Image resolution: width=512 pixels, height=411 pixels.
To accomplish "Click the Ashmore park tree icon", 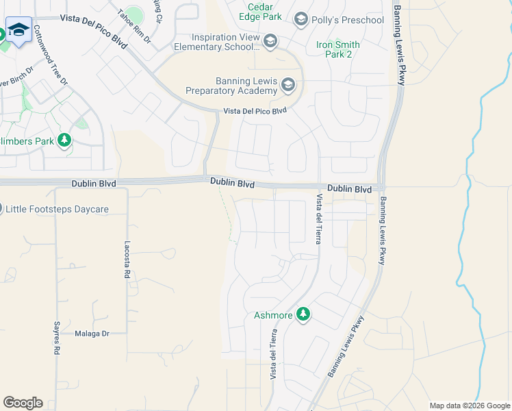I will click(x=303, y=315).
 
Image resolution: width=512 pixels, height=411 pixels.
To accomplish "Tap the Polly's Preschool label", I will click(x=348, y=20).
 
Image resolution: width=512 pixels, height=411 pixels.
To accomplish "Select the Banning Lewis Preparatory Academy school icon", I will click(x=287, y=86).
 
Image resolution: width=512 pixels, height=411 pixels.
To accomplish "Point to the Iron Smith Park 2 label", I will click(x=338, y=49).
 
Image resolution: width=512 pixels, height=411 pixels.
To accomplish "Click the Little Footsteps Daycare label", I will click(x=57, y=209).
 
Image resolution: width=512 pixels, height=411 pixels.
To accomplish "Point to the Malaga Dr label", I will click(x=92, y=333).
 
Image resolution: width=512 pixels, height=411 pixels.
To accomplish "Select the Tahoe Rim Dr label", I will click(x=134, y=27).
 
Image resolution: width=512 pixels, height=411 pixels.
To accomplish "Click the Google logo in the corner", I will click(x=23, y=403).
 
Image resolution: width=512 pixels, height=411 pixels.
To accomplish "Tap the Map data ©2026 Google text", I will click(x=469, y=406).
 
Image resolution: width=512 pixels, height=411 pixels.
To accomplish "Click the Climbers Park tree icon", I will click(x=65, y=140).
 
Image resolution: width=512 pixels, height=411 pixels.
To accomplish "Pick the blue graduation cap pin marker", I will click(x=18, y=30).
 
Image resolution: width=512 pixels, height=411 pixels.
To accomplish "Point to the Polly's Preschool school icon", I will click(x=301, y=20).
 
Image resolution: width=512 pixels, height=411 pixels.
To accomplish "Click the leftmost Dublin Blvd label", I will click(x=94, y=184).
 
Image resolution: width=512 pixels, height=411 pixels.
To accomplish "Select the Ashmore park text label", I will click(x=273, y=315).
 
